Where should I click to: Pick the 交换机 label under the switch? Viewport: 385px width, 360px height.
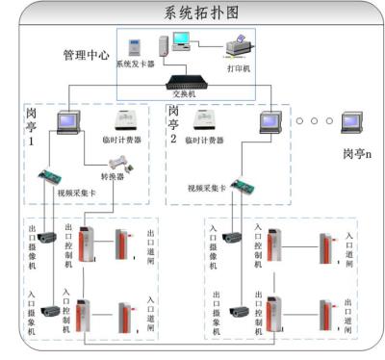coord(184,96)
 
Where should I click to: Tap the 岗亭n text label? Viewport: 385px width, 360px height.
coord(355,152)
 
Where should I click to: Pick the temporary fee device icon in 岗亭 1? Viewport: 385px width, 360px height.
coord(127,120)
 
